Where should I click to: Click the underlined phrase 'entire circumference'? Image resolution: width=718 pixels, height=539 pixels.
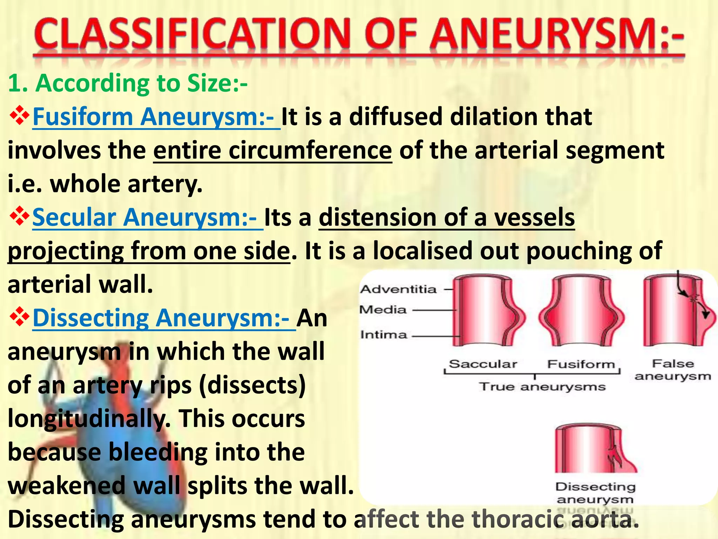click(272, 150)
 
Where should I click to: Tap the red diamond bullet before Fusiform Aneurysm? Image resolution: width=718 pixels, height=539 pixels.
click(19, 116)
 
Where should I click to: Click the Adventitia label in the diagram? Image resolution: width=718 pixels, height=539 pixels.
click(399, 289)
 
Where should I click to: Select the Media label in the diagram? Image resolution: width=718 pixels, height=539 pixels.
click(383, 310)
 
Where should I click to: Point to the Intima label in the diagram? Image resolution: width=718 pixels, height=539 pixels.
click(384, 334)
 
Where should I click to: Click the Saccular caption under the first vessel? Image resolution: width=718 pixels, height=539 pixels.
click(483, 364)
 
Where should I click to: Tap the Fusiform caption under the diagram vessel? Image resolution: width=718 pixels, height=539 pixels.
click(581, 364)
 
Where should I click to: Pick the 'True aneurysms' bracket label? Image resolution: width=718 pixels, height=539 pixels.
click(542, 387)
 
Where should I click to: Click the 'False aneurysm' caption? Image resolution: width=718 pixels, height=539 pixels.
click(673, 370)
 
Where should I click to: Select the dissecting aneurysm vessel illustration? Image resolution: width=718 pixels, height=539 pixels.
click(592, 449)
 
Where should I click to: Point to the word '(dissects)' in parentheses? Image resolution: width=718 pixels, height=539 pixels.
click(252, 385)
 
